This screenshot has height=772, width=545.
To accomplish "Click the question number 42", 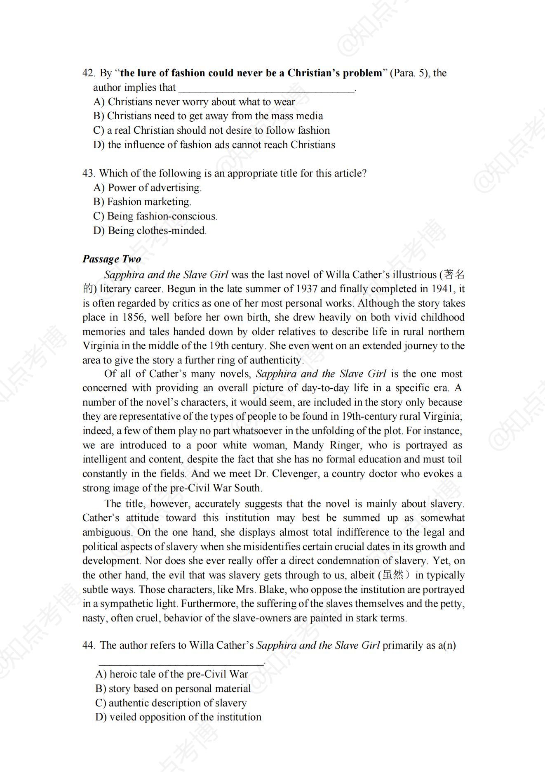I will [88, 73].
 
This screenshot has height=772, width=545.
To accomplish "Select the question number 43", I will [88, 173].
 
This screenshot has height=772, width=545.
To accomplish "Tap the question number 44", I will [88, 645].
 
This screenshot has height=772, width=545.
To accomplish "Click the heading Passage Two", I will [112, 259].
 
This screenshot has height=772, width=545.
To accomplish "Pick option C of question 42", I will [211, 130].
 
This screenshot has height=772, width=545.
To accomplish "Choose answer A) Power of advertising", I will [147, 188].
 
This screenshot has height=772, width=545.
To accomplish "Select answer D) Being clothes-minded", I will [150, 231].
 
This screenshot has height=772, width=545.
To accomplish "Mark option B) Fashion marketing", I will [142, 202].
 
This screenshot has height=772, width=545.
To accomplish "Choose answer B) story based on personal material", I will [173, 689].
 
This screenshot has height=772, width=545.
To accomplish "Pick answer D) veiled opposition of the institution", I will [179, 717].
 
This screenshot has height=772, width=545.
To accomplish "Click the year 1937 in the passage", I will [304, 289].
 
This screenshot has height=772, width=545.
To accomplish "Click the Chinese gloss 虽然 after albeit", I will [393, 575].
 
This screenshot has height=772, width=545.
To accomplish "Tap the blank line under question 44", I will [181, 664].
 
